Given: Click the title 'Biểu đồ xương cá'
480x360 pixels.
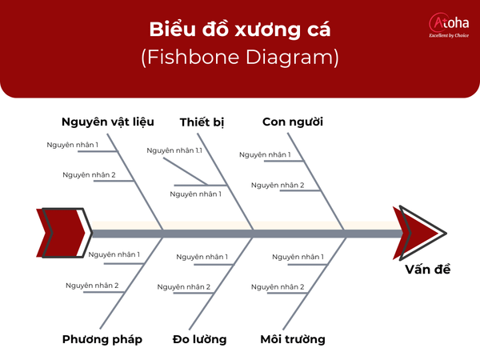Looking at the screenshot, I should (240, 30).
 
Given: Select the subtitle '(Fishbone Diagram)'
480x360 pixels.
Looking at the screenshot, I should (240, 58).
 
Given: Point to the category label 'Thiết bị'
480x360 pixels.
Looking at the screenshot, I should (202, 122).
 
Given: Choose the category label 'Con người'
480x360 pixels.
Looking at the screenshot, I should (293, 122).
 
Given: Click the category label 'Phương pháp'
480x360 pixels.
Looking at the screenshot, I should (102, 339).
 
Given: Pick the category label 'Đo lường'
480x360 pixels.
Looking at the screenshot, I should (199, 339).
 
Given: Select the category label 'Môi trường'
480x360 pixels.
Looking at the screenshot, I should (293, 339).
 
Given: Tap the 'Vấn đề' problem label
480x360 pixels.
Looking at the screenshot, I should (427, 269).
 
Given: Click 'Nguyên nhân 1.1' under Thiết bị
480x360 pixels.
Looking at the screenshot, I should (174, 150).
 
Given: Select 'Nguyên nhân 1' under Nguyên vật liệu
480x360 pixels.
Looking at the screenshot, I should (73, 145).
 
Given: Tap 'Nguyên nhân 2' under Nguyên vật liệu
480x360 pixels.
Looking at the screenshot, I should (89, 175).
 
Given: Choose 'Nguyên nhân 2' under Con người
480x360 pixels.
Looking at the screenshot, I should (278, 186).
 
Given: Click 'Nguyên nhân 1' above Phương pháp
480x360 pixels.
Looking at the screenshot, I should (114, 254).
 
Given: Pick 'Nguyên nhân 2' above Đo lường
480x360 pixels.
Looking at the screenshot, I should (184, 286).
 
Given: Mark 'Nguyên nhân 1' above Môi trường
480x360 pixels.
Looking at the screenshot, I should (298, 257).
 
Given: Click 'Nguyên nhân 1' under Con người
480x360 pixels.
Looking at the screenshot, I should (265, 154).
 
